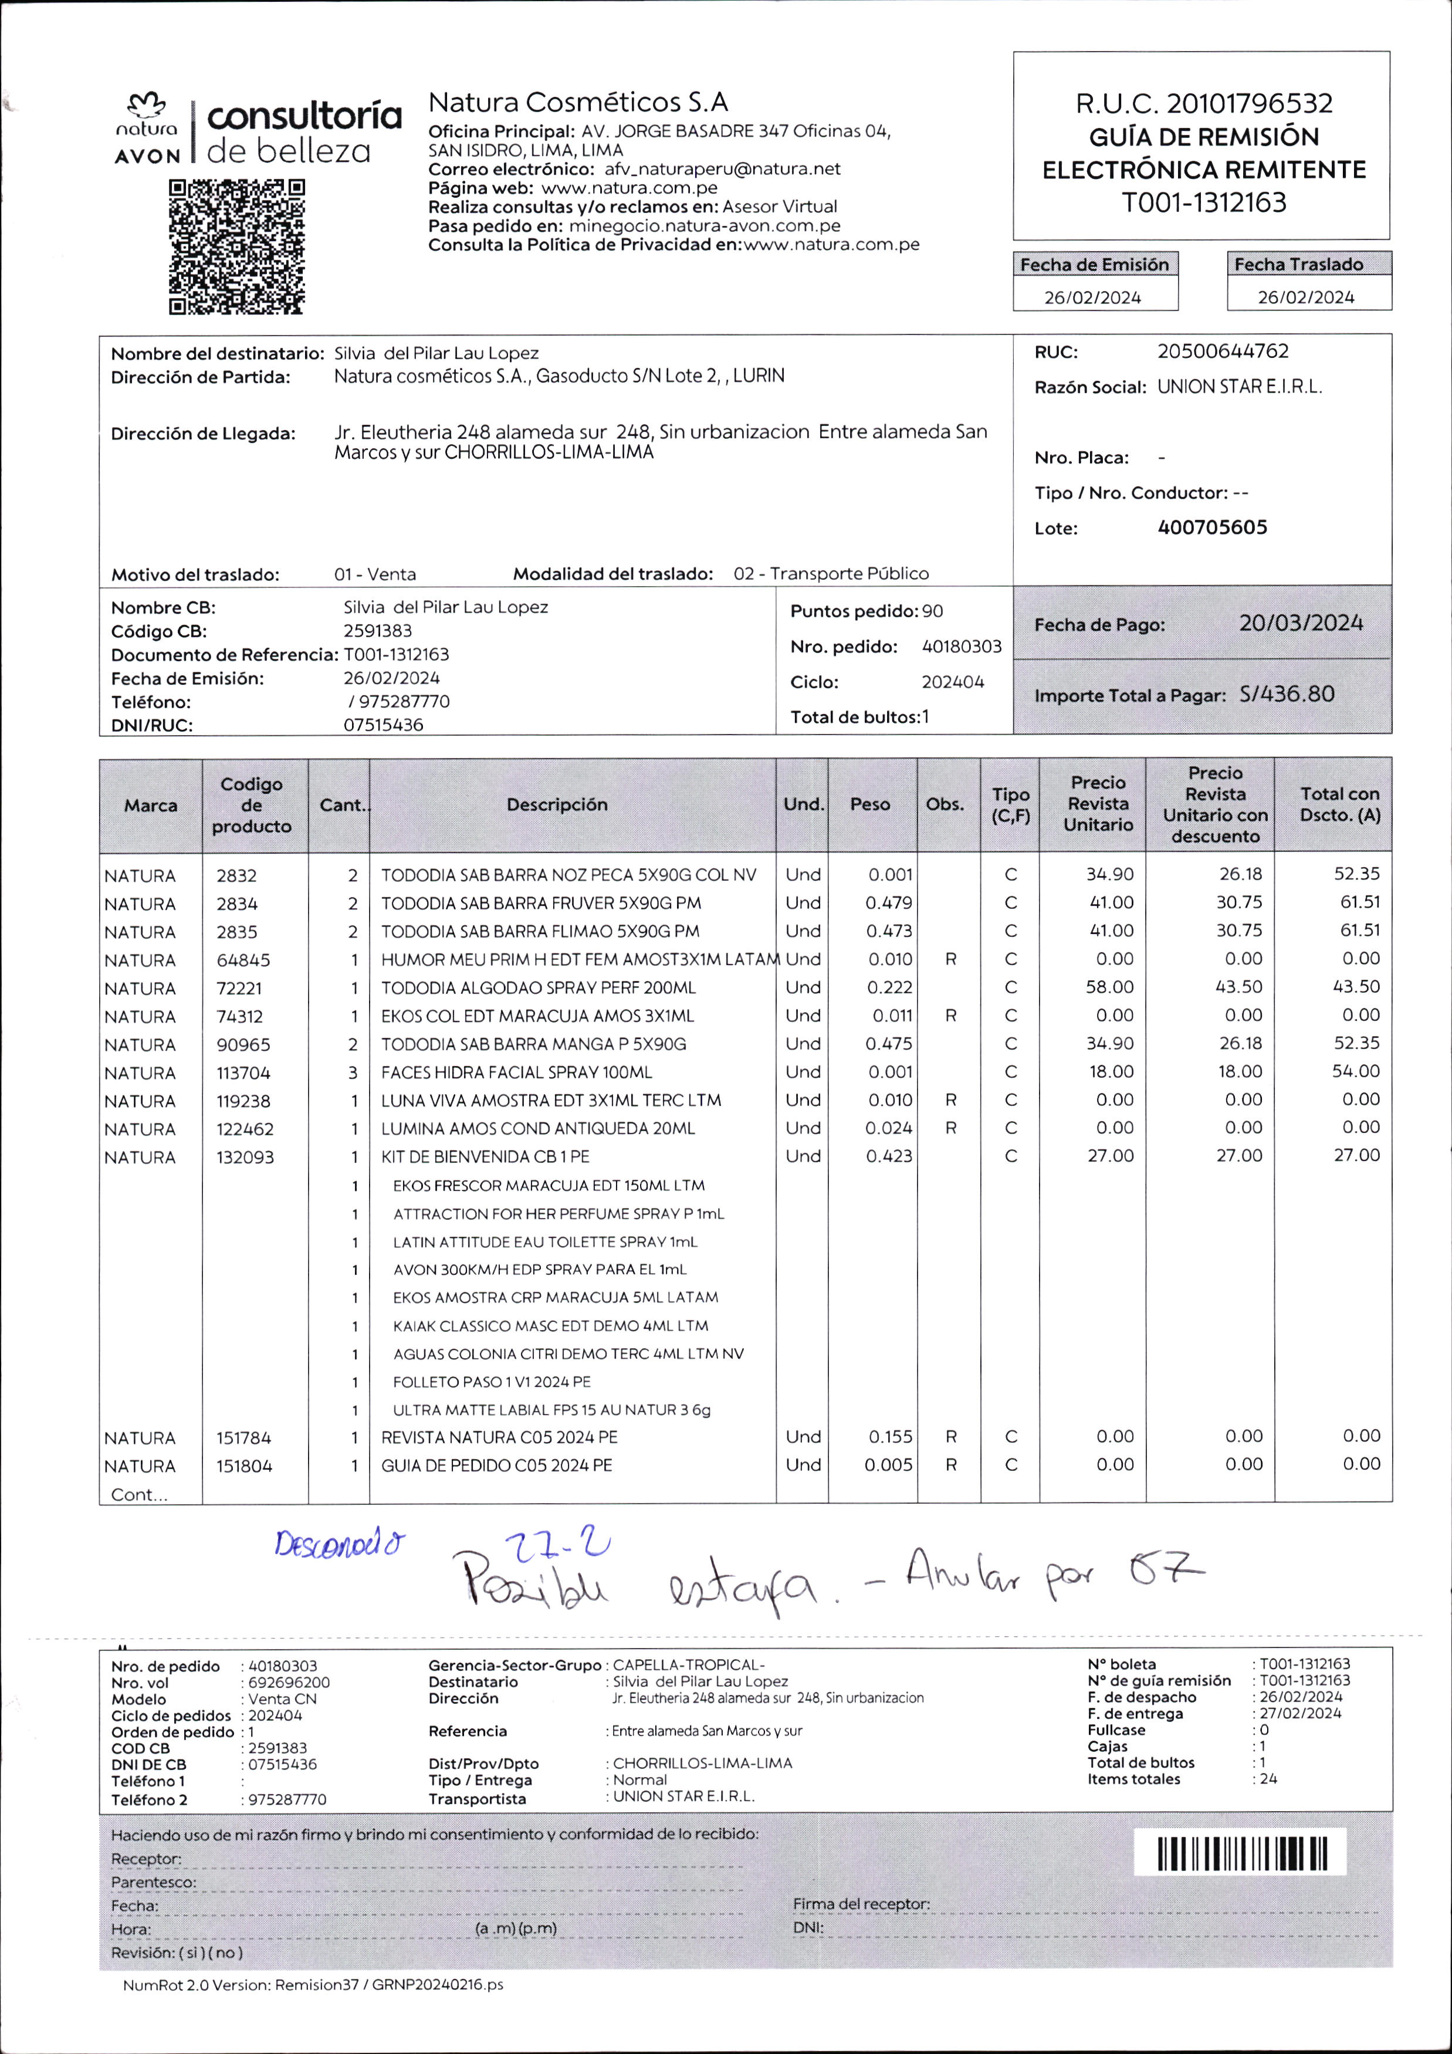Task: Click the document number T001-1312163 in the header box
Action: pos(1204,203)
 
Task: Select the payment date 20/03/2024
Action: pos(1301,624)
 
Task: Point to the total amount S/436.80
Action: pos(1287,694)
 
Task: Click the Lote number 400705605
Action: pos(1212,528)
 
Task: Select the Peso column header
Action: pos(869,804)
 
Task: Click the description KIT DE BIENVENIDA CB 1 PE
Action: pos(485,1157)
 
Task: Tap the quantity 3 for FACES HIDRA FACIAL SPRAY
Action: pos(353,1072)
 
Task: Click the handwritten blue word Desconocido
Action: pos(339,1544)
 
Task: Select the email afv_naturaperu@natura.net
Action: pos(722,169)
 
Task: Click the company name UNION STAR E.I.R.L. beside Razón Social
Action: pos(1239,387)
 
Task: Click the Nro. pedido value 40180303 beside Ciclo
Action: pos(962,647)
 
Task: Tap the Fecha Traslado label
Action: pos(1298,264)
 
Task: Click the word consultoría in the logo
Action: pos(304,116)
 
